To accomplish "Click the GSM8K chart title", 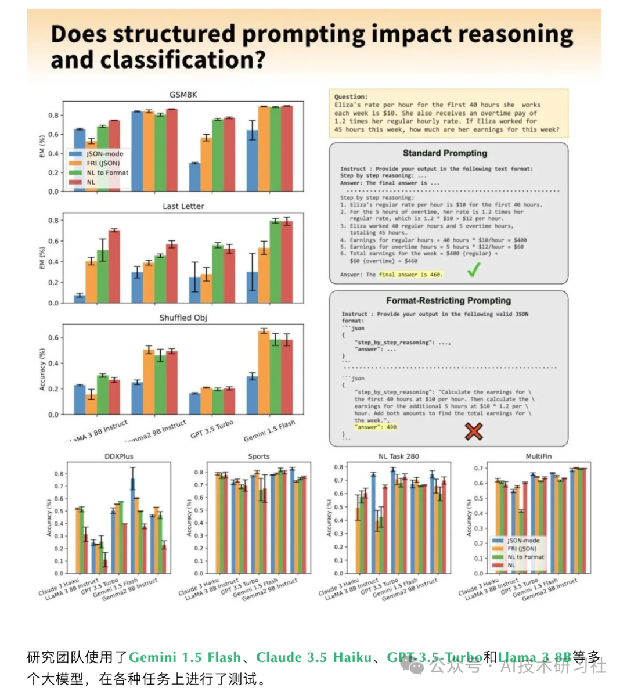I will (183, 95).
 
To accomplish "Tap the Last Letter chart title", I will (183, 206).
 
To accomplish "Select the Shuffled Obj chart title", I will (183, 318).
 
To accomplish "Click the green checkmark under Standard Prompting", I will (474, 269).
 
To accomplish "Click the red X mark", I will (474, 431).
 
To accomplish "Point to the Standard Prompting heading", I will (445, 153).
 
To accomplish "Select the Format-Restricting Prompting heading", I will (449, 301).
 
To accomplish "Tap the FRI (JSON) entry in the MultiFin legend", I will (522, 548).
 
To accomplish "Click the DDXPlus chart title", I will (119, 456).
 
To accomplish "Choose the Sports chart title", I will (258, 456).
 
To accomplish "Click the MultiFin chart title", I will (538, 456).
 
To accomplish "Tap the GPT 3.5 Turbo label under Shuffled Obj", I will (212, 430).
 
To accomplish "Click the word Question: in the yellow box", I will (351, 97).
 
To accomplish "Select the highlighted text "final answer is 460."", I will (410, 275).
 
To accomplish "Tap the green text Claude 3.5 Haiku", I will (313, 657).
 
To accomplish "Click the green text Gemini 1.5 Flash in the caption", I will (185, 657).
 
